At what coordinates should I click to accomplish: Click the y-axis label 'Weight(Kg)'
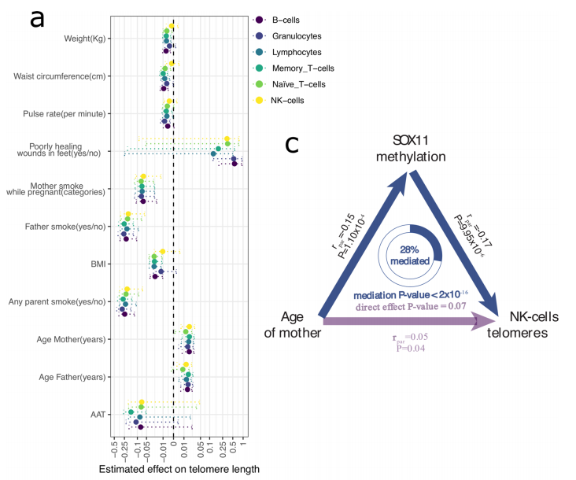84,38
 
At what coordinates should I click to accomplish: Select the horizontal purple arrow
409,320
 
